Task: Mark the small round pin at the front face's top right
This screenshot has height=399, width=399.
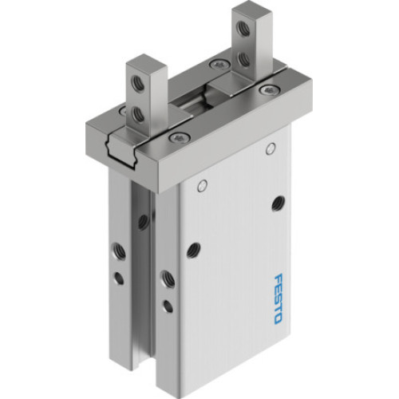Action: click(271, 148)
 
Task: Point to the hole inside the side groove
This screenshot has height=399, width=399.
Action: click(141, 221)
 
